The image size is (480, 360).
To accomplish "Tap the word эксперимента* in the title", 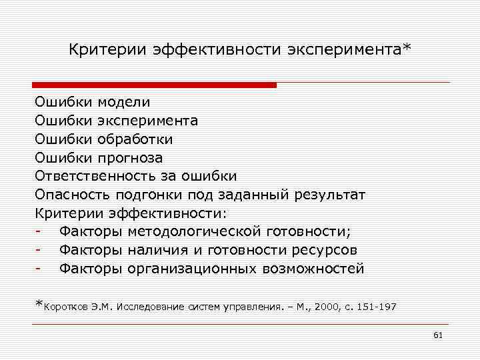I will click(x=357, y=51).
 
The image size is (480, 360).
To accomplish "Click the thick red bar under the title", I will click(x=154, y=85).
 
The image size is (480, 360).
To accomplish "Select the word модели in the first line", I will click(x=124, y=102).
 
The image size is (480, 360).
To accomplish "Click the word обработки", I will click(x=135, y=139).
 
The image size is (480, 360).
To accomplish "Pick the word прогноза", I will click(x=130, y=158).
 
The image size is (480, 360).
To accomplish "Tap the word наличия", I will click(x=155, y=251).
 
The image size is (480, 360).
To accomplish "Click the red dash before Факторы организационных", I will click(x=40, y=269).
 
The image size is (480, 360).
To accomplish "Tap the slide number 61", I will click(x=438, y=335).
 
